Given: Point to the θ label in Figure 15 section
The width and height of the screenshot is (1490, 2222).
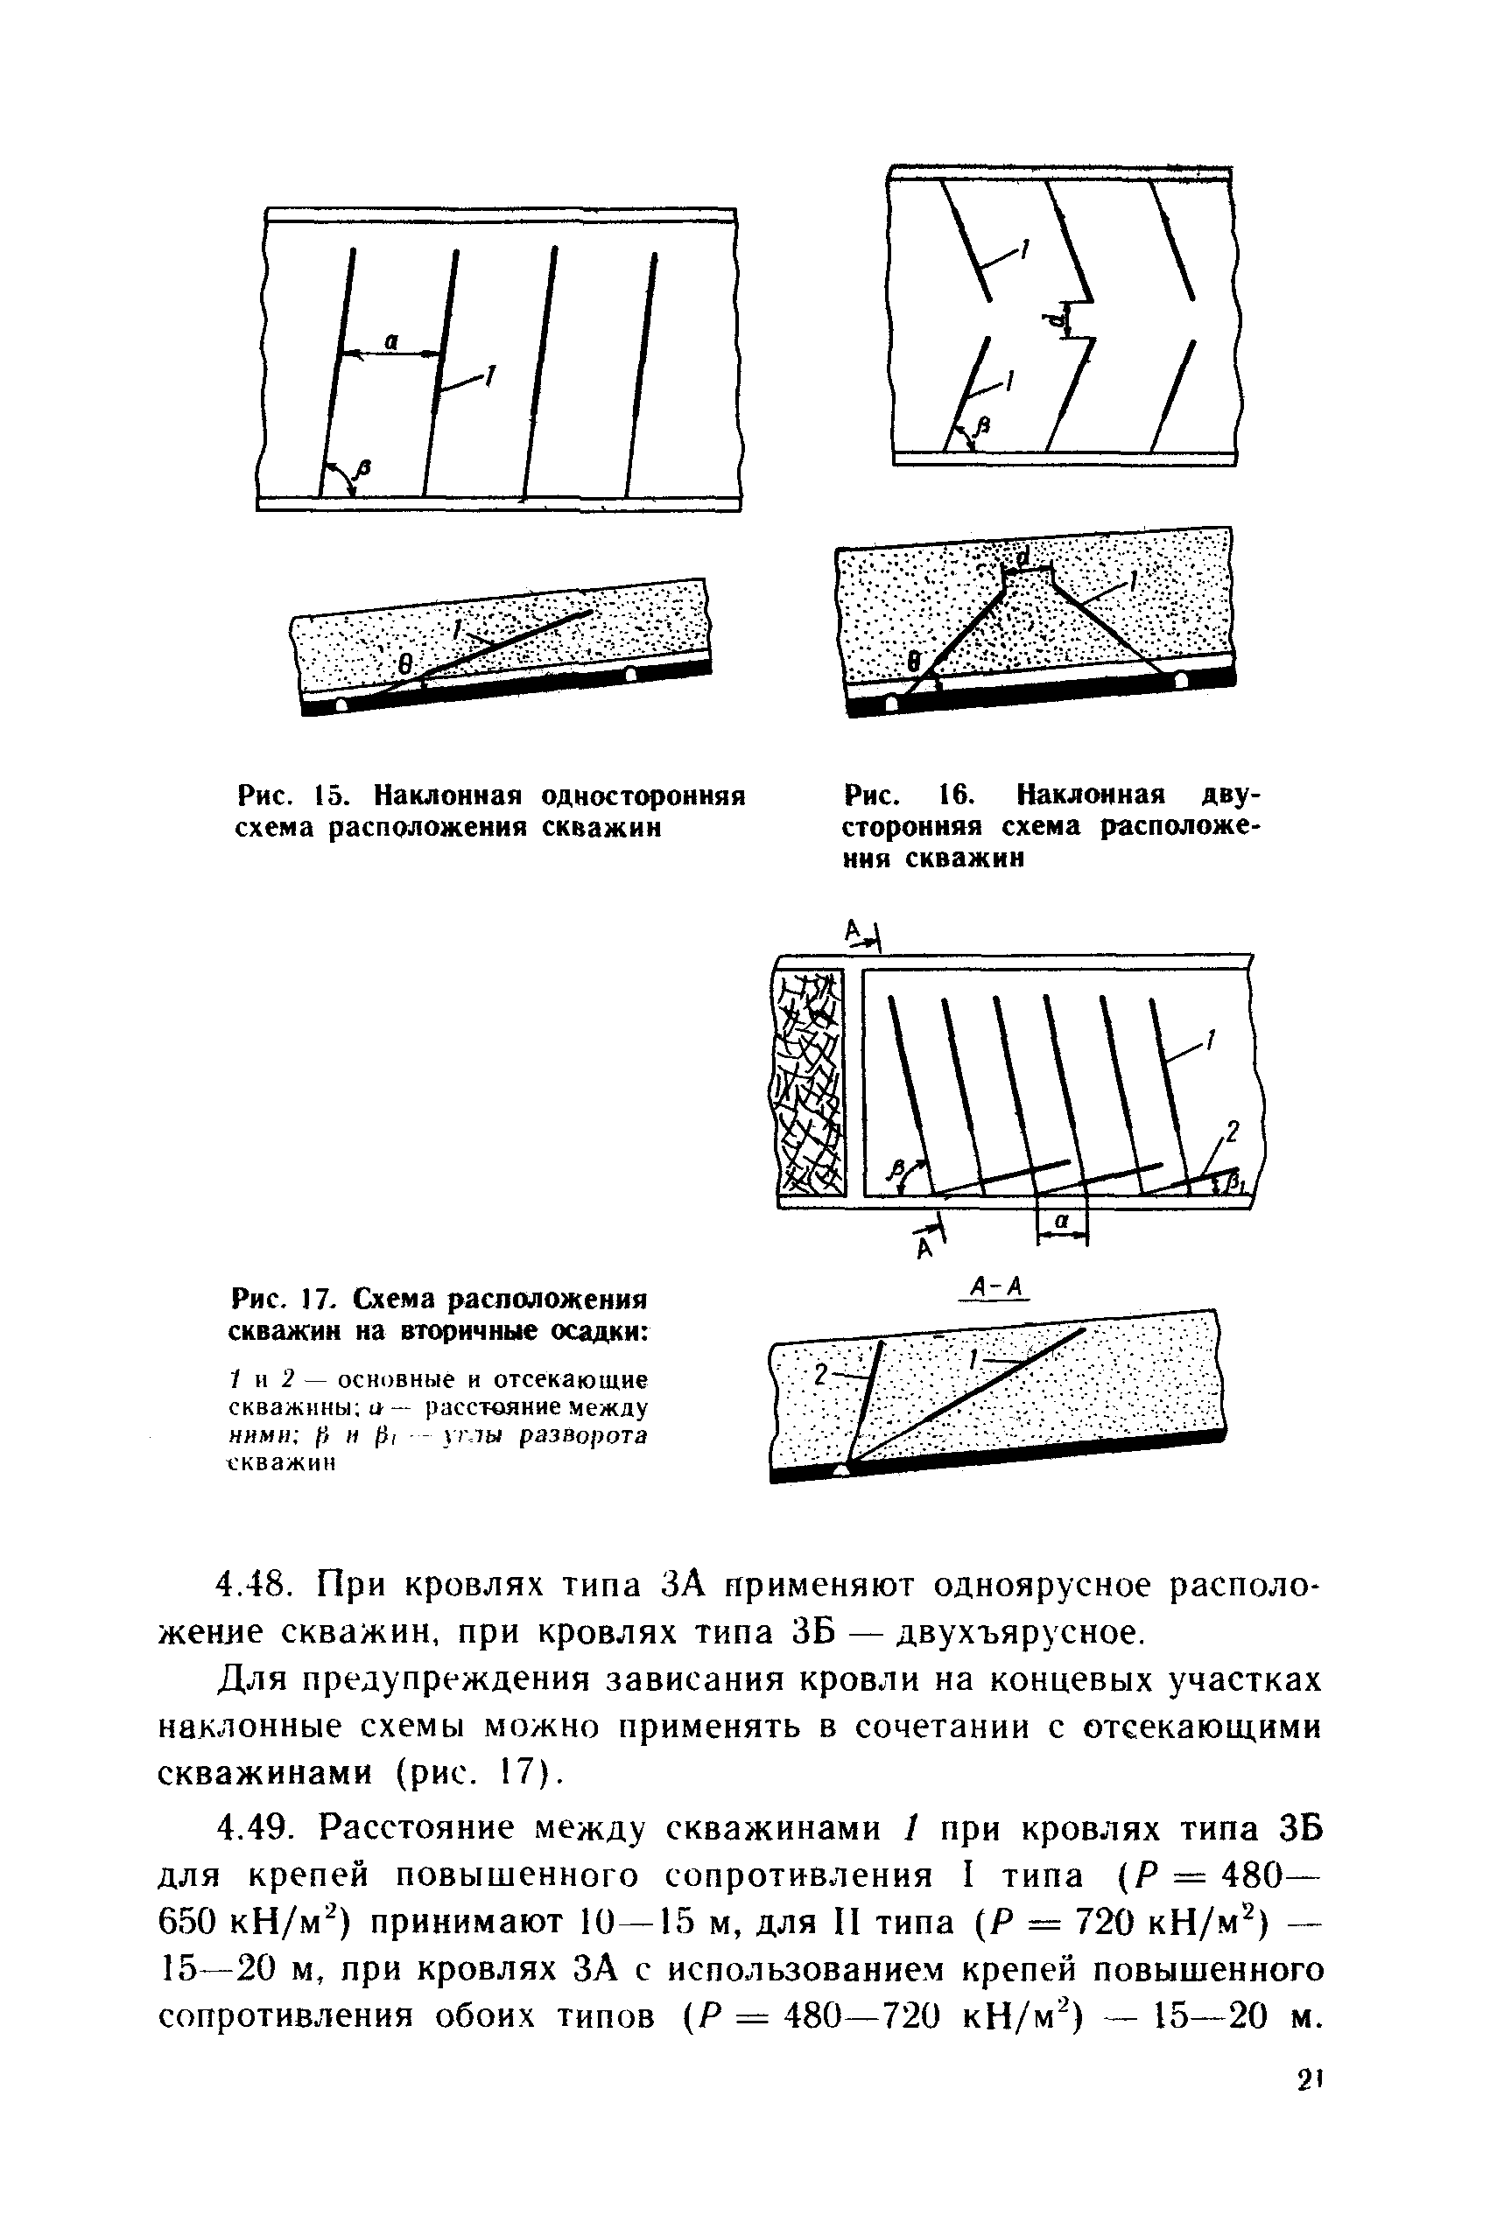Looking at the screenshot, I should click(404, 668).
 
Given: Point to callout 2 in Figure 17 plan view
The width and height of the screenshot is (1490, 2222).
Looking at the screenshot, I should click(1233, 1131).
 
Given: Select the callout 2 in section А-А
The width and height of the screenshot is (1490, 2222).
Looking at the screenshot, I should click(821, 1375).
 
